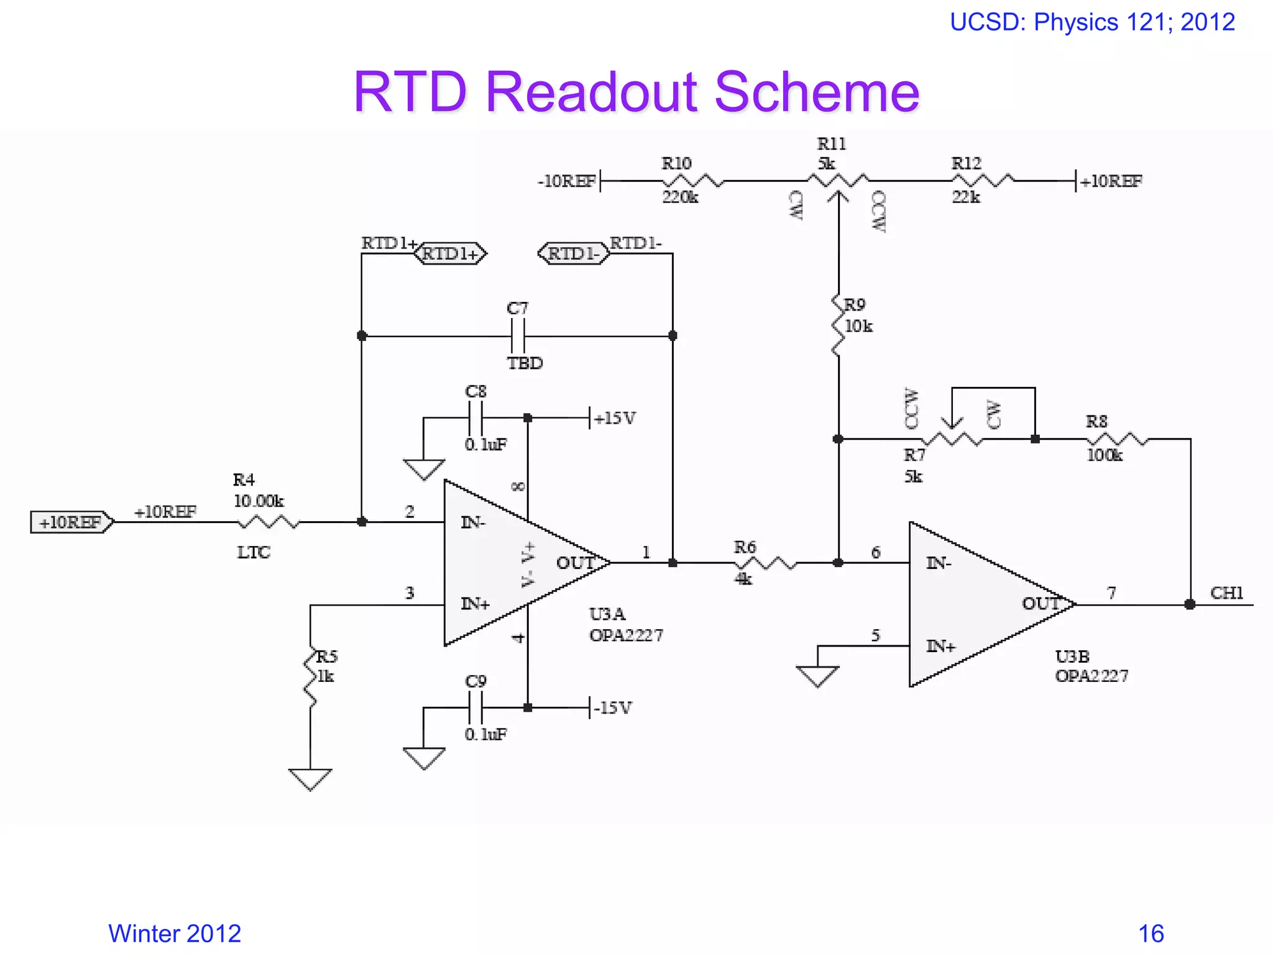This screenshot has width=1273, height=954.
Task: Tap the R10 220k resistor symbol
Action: pyautogui.click(x=692, y=181)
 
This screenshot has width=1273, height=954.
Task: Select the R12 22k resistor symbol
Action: pyautogui.click(x=983, y=181)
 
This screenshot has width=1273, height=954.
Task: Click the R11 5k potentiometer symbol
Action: pyautogui.click(x=838, y=181)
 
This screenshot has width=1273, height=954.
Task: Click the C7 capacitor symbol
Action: pyautogui.click(x=518, y=336)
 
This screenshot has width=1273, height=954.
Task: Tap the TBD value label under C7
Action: pyautogui.click(x=525, y=363)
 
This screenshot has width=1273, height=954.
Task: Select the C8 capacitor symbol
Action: pyautogui.click(x=475, y=418)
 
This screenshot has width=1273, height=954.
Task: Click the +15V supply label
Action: pyautogui.click(x=614, y=419)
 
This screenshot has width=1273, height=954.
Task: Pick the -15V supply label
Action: pyautogui.click(x=612, y=708)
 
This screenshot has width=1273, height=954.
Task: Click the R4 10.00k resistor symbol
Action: pyautogui.click(x=269, y=522)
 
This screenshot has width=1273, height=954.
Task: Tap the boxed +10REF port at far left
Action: pyautogui.click(x=71, y=522)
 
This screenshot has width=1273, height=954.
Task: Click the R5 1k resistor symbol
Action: pyautogui.click(x=310, y=678)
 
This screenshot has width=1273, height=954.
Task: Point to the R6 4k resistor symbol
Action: pyautogui.click(x=765, y=563)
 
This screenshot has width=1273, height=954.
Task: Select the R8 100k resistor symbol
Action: pyautogui.click(x=1117, y=439)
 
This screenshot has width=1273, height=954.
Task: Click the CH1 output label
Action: pyautogui.click(x=1226, y=593)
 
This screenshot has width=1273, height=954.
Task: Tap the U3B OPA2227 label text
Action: pyautogui.click(x=1091, y=666)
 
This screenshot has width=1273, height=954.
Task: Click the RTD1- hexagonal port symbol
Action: pyautogui.click(x=573, y=253)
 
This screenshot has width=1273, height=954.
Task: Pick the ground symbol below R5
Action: pyautogui.click(x=310, y=779)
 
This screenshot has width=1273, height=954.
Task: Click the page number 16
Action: pyautogui.click(x=1151, y=934)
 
